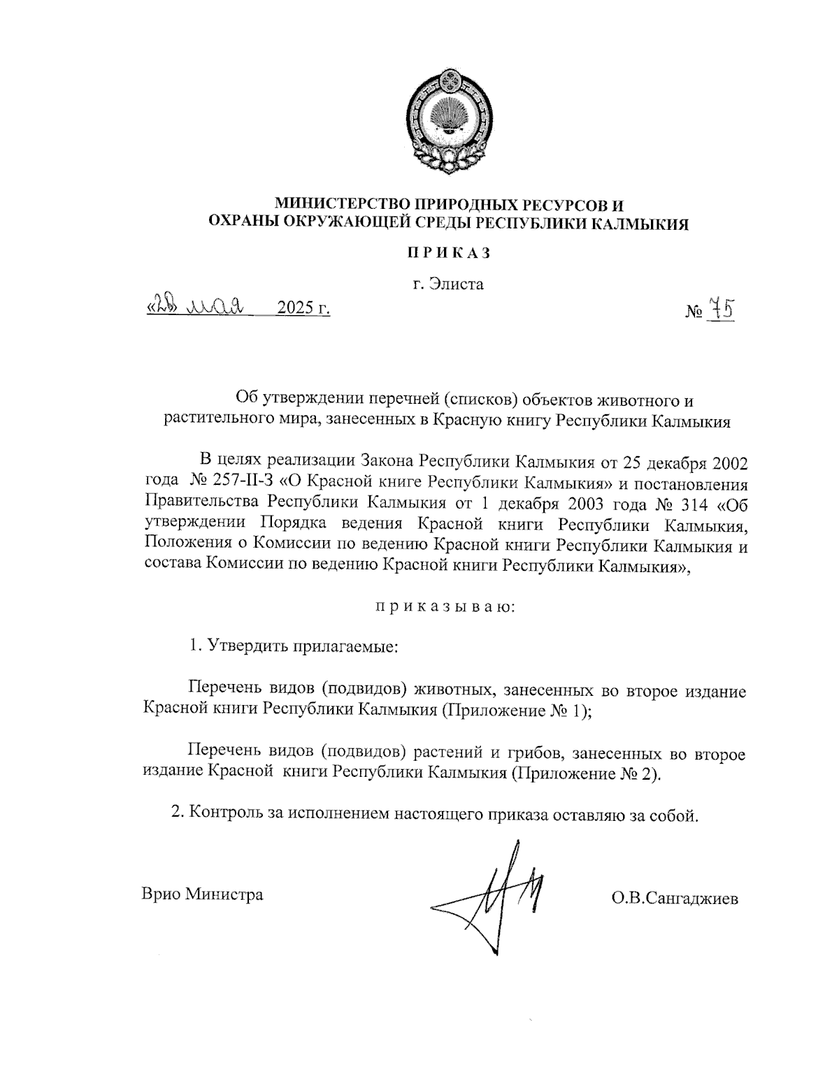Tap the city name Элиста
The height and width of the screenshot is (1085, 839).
[459, 284]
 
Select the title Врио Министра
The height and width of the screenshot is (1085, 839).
[202, 894]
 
